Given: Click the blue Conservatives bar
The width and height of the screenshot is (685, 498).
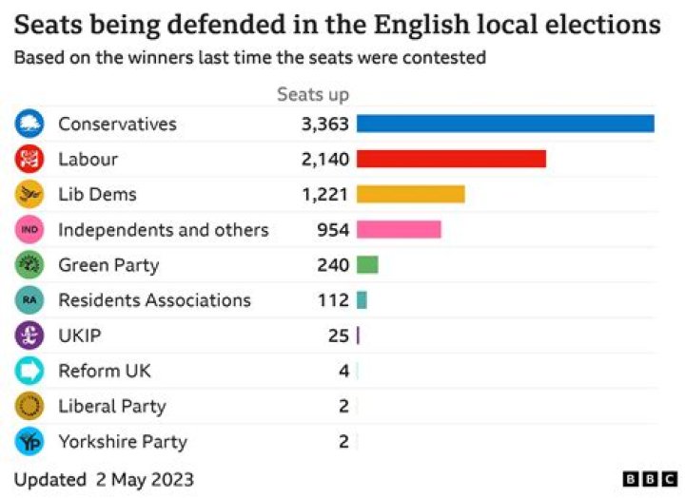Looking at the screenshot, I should pyautogui.click(x=505, y=124).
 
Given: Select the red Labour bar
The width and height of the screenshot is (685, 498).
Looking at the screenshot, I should pyautogui.click(x=451, y=159).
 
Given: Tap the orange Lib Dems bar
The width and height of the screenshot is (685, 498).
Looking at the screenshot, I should pyautogui.click(x=410, y=194).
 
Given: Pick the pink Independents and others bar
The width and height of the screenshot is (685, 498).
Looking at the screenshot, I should pyautogui.click(x=399, y=229).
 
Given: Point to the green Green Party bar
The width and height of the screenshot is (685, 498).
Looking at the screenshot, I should pyautogui.click(x=367, y=265).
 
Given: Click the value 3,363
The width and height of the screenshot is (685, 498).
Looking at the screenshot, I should pyautogui.click(x=325, y=124).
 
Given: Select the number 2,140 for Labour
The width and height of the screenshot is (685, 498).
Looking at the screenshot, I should pyautogui.click(x=325, y=159).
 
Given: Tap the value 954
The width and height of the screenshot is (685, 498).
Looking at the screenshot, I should pyautogui.click(x=333, y=229).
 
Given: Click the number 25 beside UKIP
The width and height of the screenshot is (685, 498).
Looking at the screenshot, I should pyautogui.click(x=338, y=335).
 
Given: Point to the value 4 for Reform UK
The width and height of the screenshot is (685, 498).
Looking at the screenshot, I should pyautogui.click(x=343, y=371).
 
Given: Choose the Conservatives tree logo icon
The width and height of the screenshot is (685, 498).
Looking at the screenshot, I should pyautogui.click(x=29, y=124).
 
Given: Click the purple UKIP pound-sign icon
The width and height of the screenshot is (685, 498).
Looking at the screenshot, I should pyautogui.click(x=29, y=335).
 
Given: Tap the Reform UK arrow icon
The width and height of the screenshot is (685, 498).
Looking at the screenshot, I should pyautogui.click(x=29, y=371).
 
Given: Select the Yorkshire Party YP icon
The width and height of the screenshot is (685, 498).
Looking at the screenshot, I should pyautogui.click(x=29, y=441).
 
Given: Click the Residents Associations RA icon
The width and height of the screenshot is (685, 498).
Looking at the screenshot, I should pyautogui.click(x=29, y=300).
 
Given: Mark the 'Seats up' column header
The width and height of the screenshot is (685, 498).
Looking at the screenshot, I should pyautogui.click(x=313, y=94).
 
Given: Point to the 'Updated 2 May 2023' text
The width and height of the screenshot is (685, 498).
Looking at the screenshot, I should pyautogui.click(x=103, y=477).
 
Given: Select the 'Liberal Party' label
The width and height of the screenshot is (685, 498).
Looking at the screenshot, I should pyautogui.click(x=111, y=406).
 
